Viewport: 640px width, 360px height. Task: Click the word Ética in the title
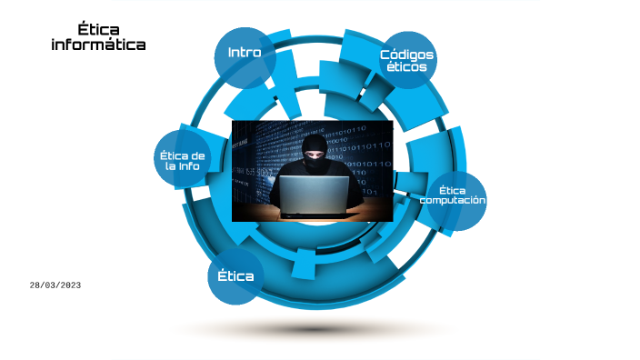pyautogui.click(x=98, y=30)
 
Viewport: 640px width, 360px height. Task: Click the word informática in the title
pyautogui.click(x=98, y=44)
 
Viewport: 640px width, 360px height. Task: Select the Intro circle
pyautogui.click(x=245, y=55)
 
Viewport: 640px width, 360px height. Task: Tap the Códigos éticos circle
pyautogui.click(x=406, y=61)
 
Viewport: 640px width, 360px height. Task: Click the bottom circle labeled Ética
pyautogui.click(x=235, y=275)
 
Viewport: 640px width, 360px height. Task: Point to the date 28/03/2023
pyautogui.click(x=55, y=285)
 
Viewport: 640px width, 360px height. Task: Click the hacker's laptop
pyautogui.click(x=313, y=195)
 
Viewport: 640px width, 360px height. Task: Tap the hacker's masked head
pyautogui.click(x=315, y=152)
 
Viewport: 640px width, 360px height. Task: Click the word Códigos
pyautogui.click(x=406, y=55)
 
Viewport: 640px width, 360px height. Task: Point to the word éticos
pyautogui.click(x=406, y=67)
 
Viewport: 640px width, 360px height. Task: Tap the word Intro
pyautogui.click(x=245, y=53)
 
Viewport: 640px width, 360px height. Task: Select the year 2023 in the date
pyautogui.click(x=69, y=285)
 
